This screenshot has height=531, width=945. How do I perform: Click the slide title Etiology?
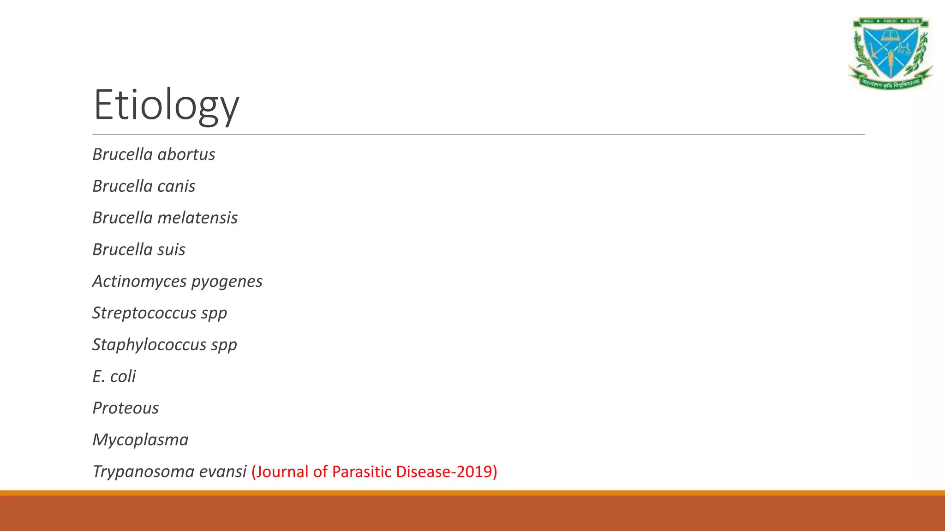(x=166, y=105)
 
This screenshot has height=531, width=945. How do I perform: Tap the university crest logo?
(x=890, y=53)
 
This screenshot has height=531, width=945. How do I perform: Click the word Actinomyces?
(x=139, y=282)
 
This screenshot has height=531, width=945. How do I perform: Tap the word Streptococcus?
(x=144, y=313)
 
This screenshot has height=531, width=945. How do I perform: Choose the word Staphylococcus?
(x=149, y=345)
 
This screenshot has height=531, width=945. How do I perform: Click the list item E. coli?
(x=114, y=377)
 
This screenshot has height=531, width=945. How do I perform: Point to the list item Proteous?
(x=126, y=408)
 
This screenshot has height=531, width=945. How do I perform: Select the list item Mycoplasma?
(x=140, y=440)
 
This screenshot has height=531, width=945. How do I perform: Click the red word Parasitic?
(x=361, y=472)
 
